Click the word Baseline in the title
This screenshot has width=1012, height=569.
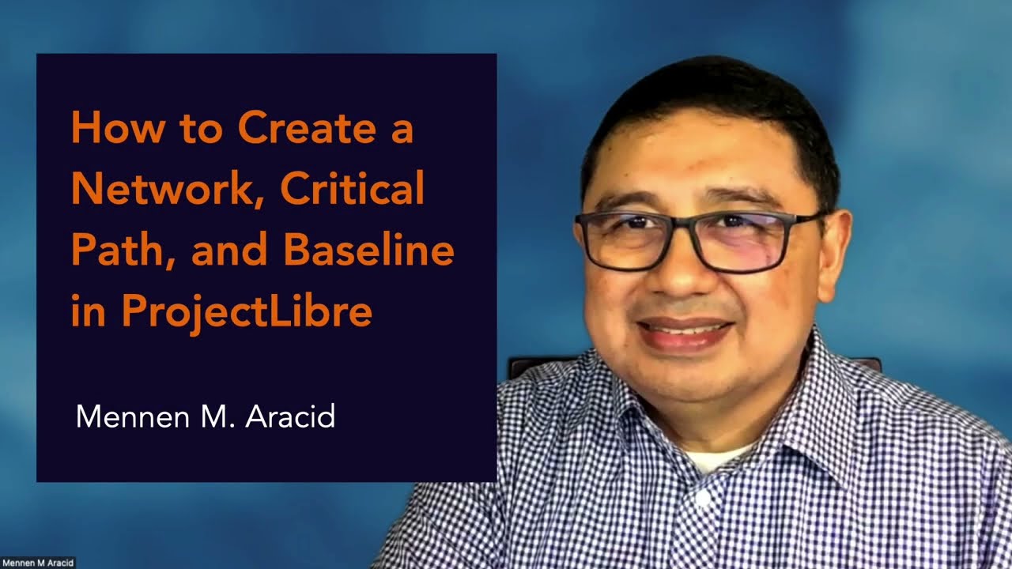[x=368, y=251]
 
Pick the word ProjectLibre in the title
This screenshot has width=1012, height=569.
[x=247, y=312]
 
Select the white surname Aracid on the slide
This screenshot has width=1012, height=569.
[x=290, y=416]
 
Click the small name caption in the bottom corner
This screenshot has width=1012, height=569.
[x=38, y=563]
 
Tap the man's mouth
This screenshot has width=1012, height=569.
[x=684, y=330]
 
